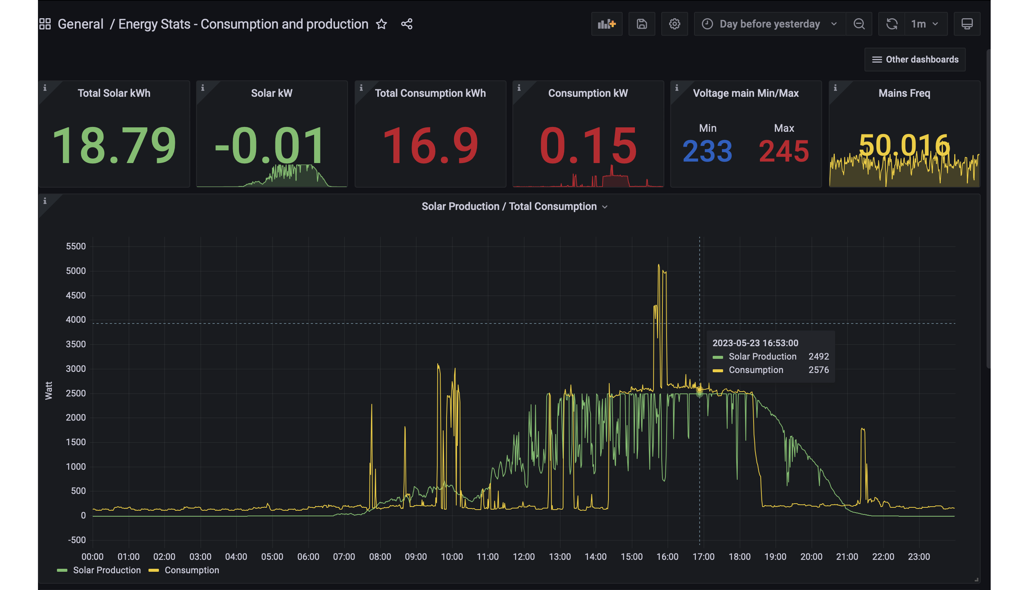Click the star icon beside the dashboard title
[381, 24]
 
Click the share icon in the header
[407, 24]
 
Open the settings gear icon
[674, 24]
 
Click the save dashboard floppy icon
[641, 24]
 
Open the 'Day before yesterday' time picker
[769, 24]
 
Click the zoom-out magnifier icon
[859, 24]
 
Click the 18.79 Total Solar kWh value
[114, 145]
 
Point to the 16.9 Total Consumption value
[430, 145]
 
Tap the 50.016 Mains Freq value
[904, 145]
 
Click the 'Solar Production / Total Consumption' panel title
[509, 206]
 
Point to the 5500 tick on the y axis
[76, 246]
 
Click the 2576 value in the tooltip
[818, 370]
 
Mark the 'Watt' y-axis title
[49, 390]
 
